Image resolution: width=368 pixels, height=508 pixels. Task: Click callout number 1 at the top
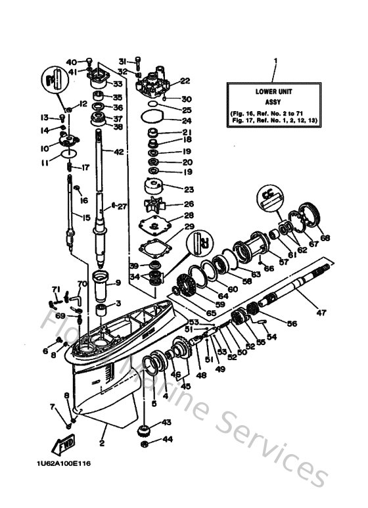pyautogui.click(x=275, y=61)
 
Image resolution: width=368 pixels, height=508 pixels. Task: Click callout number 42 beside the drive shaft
pyautogui.click(x=118, y=152)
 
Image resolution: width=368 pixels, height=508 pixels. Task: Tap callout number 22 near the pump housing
pyautogui.click(x=184, y=81)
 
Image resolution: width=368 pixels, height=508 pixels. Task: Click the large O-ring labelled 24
pyautogui.click(x=154, y=121)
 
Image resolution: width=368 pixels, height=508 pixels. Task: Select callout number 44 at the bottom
pyautogui.click(x=167, y=438)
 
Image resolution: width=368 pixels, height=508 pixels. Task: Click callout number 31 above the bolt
pyautogui.click(x=122, y=61)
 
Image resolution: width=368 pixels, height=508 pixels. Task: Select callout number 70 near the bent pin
pyautogui.click(x=82, y=284)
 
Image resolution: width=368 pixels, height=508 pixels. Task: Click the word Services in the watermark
pyautogui.click(x=277, y=453)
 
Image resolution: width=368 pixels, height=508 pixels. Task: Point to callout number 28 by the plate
pyautogui.click(x=188, y=216)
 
